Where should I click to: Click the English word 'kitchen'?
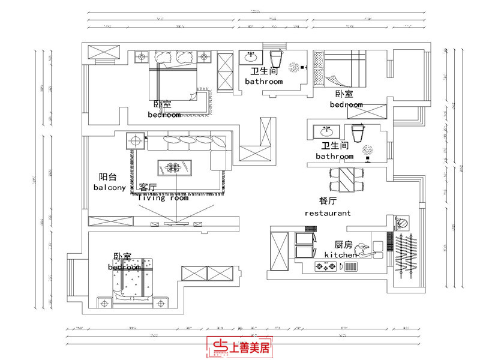coord(341,255)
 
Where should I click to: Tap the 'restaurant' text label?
coord(328,213)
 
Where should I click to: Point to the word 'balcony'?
coord(110,187)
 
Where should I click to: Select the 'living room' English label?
coord(163,197)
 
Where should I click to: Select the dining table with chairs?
coord(347,179)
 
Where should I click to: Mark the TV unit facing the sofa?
coord(174,224)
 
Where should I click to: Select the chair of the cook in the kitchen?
coord(361,249)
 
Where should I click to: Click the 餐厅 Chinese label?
coord(328,201)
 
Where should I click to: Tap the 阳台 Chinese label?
coord(108,177)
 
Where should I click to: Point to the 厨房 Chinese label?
coord(343,245)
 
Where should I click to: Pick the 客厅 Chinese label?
coord(148,187)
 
